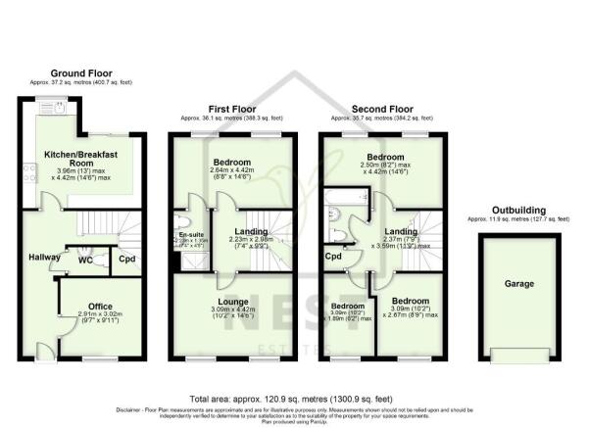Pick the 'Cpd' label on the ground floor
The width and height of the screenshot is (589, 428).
[127, 259]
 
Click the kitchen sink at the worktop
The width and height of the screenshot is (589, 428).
[58, 109]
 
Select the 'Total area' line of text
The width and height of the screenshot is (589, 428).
[294, 399]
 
